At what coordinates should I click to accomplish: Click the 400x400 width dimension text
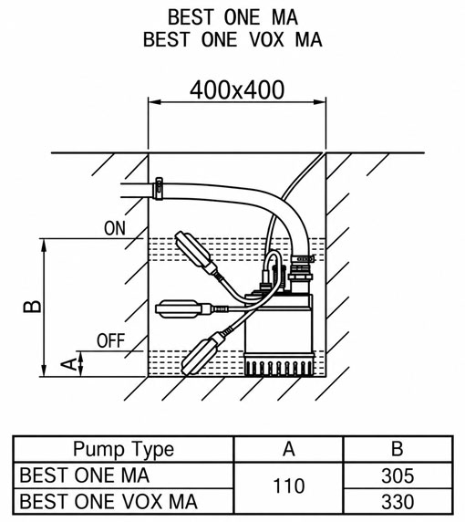point(237,89)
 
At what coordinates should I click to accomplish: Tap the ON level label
point(115,228)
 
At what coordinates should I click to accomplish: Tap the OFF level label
point(110,341)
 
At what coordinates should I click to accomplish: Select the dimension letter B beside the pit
point(32,307)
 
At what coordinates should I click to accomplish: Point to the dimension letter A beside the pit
point(69,364)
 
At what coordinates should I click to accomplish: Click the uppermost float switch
point(196,253)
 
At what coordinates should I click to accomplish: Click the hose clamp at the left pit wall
point(159,189)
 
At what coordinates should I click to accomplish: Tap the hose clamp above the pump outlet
point(304,258)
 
